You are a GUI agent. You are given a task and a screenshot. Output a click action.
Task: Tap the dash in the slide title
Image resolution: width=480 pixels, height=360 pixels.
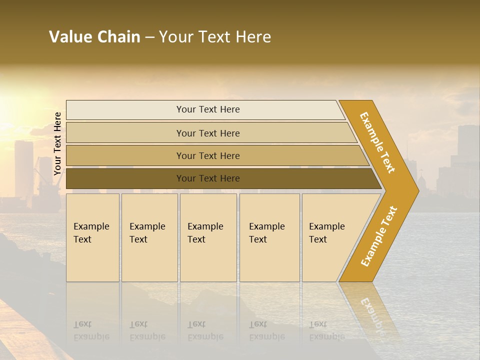point(149,37)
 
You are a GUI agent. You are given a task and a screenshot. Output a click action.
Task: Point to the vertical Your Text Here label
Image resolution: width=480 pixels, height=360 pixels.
point(57,143)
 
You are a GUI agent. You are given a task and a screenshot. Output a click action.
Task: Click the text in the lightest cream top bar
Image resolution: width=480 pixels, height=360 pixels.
point(208,109)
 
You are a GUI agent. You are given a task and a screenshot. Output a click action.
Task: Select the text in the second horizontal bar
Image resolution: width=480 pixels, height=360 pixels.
point(208,133)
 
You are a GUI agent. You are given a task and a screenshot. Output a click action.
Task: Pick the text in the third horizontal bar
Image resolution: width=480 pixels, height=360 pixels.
point(208,155)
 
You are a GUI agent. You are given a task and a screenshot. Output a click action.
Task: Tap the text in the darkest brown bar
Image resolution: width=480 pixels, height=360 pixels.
point(208,178)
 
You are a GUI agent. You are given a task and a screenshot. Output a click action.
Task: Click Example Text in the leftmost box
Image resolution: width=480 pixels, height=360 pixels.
point(91,233)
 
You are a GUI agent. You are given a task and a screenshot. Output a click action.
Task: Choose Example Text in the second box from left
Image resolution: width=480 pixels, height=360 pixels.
point(147,233)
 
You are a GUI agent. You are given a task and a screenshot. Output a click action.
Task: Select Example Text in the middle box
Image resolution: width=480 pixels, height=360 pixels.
point(205,233)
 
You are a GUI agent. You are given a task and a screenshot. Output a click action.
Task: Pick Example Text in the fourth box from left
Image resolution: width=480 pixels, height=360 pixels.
point(266,233)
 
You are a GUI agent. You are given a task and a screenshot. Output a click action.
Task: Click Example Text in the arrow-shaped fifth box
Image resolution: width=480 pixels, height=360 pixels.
point(326,233)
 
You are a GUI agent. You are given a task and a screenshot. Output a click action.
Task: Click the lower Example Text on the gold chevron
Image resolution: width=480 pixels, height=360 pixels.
point(378,236)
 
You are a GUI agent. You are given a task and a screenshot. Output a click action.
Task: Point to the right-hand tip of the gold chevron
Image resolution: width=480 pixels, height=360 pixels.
point(417,190)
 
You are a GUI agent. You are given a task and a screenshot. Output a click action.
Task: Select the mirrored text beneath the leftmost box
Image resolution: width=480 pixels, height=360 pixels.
point(91,330)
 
